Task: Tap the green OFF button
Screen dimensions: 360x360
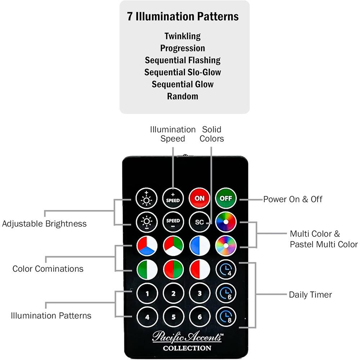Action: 226,198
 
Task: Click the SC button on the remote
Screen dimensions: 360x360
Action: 199,222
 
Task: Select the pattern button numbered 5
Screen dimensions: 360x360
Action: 173,317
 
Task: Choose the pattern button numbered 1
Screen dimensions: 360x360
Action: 147,293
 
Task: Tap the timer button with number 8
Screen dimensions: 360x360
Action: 226,317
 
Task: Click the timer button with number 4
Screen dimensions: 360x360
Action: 226,269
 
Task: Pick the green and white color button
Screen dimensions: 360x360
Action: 147,269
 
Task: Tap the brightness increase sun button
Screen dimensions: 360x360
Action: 147,198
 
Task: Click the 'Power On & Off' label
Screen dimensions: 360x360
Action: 293,199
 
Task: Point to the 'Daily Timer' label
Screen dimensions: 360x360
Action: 310,294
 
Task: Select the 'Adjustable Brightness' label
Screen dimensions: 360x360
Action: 44,224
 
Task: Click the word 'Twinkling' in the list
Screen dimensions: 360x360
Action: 183,36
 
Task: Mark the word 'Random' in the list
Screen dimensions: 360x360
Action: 183,96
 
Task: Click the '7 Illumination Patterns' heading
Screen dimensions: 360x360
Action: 183,17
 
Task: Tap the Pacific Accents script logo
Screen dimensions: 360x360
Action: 187,337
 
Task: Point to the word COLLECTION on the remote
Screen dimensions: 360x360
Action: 187,348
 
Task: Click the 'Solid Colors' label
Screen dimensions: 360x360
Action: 212,134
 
